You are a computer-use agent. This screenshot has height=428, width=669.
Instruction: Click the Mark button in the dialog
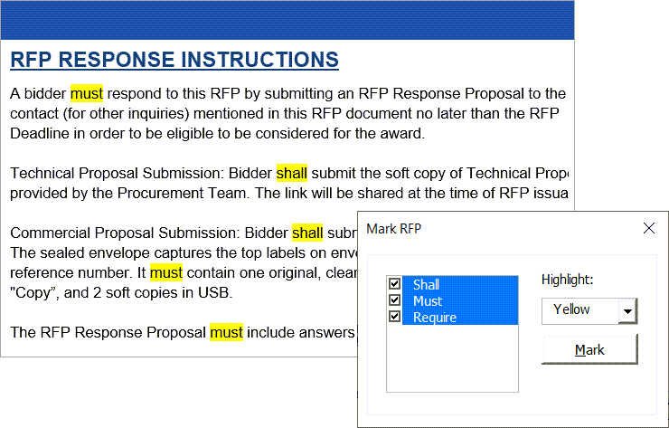[589, 350]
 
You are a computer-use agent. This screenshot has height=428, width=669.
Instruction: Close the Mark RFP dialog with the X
[648, 228]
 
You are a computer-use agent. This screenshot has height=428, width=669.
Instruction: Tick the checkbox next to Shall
[395, 283]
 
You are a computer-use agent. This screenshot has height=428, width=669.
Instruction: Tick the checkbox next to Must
[395, 300]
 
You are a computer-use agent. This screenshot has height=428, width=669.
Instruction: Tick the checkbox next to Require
[395, 317]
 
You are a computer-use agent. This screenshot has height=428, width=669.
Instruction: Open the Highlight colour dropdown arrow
[627, 311]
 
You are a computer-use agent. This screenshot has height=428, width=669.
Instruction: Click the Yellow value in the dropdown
[571, 309]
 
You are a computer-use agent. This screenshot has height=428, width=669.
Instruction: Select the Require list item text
[435, 318]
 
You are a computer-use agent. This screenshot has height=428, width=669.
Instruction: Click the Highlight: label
[567, 280]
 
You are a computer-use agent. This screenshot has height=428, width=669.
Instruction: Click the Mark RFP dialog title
[394, 229]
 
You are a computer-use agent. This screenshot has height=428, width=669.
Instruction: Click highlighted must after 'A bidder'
[87, 93]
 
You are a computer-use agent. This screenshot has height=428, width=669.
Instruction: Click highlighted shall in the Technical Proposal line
[292, 173]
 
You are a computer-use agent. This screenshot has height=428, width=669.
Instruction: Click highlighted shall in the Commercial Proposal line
[307, 233]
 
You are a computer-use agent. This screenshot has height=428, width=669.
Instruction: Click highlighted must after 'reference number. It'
[166, 272]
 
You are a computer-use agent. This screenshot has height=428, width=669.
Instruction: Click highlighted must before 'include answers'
[227, 332]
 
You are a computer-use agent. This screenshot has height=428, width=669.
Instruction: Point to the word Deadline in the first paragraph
[40, 133]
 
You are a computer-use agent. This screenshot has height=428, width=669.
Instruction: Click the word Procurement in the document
[160, 193]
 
